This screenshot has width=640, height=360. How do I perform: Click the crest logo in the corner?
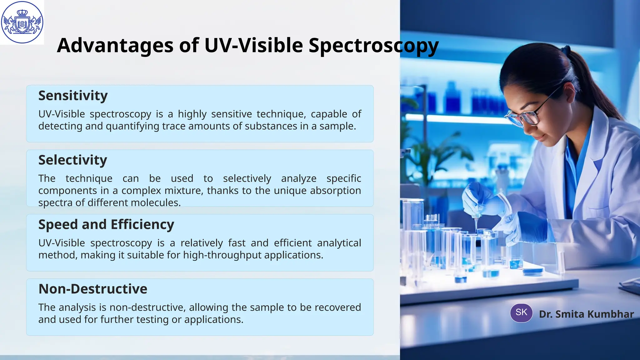(x=22, y=22)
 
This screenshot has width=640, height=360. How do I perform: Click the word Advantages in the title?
(x=115, y=46)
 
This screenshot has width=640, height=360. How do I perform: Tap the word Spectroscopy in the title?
(x=373, y=46)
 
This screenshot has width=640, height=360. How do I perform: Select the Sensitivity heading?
(x=73, y=96)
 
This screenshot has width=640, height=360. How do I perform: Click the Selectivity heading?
(x=72, y=160)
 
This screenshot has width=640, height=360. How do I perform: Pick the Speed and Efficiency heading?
(x=106, y=225)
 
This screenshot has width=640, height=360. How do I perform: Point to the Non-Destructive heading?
(x=92, y=289)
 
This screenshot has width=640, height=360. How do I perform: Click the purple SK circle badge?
(x=521, y=312)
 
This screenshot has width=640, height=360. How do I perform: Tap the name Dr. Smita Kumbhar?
(x=586, y=314)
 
